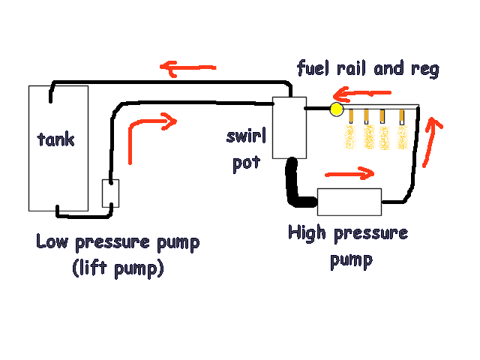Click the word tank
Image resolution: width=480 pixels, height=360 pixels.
57,139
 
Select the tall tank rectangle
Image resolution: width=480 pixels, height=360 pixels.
58,172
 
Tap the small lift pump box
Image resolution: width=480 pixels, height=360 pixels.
110,193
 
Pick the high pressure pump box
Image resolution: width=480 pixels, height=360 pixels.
349,202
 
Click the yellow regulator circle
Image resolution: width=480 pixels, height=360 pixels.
335,111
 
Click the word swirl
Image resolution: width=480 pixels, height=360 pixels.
246,137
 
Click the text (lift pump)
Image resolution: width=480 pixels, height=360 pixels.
118,268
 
